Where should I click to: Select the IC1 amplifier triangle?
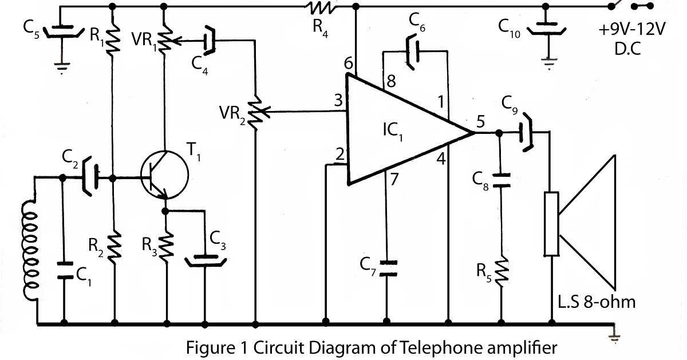click(401, 133)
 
